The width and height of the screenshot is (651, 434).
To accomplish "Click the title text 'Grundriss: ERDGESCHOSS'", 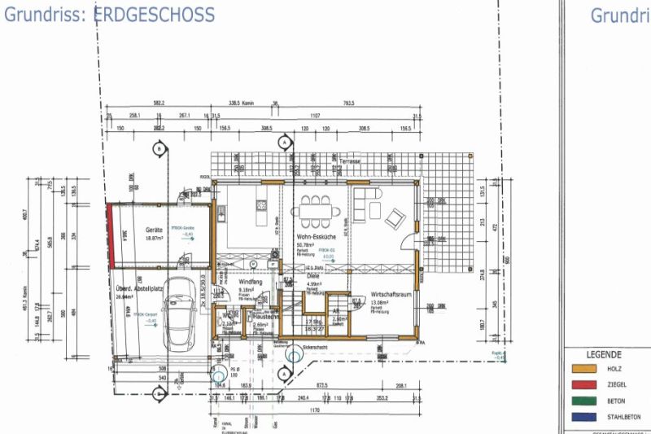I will [110, 15].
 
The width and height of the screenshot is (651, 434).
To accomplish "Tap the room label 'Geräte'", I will [155, 230].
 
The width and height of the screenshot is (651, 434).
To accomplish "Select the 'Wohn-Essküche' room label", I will [312, 236].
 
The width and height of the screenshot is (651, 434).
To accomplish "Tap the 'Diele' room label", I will [313, 275].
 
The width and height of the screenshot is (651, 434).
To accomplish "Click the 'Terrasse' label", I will [350, 161].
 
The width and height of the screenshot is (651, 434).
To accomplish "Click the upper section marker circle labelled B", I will [159, 149].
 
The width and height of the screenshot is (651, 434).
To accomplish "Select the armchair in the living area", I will [395, 217].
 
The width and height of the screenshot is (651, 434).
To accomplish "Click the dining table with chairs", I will [315, 209].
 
